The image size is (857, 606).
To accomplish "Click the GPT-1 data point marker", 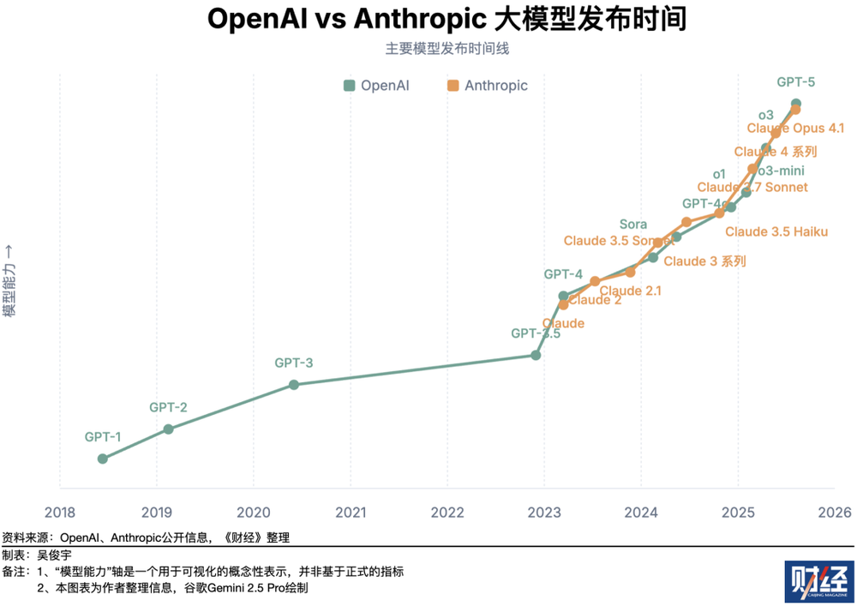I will tap(102, 459).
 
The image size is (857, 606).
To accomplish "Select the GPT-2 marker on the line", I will tap(168, 429).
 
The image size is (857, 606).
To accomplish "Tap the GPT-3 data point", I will tap(293, 385).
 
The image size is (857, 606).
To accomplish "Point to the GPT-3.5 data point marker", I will tap(536, 355).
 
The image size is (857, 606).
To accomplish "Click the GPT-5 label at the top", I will tap(796, 83).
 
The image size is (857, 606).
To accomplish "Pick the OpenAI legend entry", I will tap(376, 86).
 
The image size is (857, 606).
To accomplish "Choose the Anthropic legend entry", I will tap(487, 86).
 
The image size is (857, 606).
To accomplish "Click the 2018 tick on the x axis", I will tap(59, 513).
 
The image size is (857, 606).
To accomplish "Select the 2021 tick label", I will tap(350, 513).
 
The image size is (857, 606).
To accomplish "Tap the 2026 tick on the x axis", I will tap(835, 513).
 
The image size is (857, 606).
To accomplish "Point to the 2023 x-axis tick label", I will tap(543, 513).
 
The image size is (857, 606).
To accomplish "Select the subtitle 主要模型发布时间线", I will tap(446, 49).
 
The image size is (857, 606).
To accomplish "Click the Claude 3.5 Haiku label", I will tap(776, 231).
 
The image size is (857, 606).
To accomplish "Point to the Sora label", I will tap(633, 225).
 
